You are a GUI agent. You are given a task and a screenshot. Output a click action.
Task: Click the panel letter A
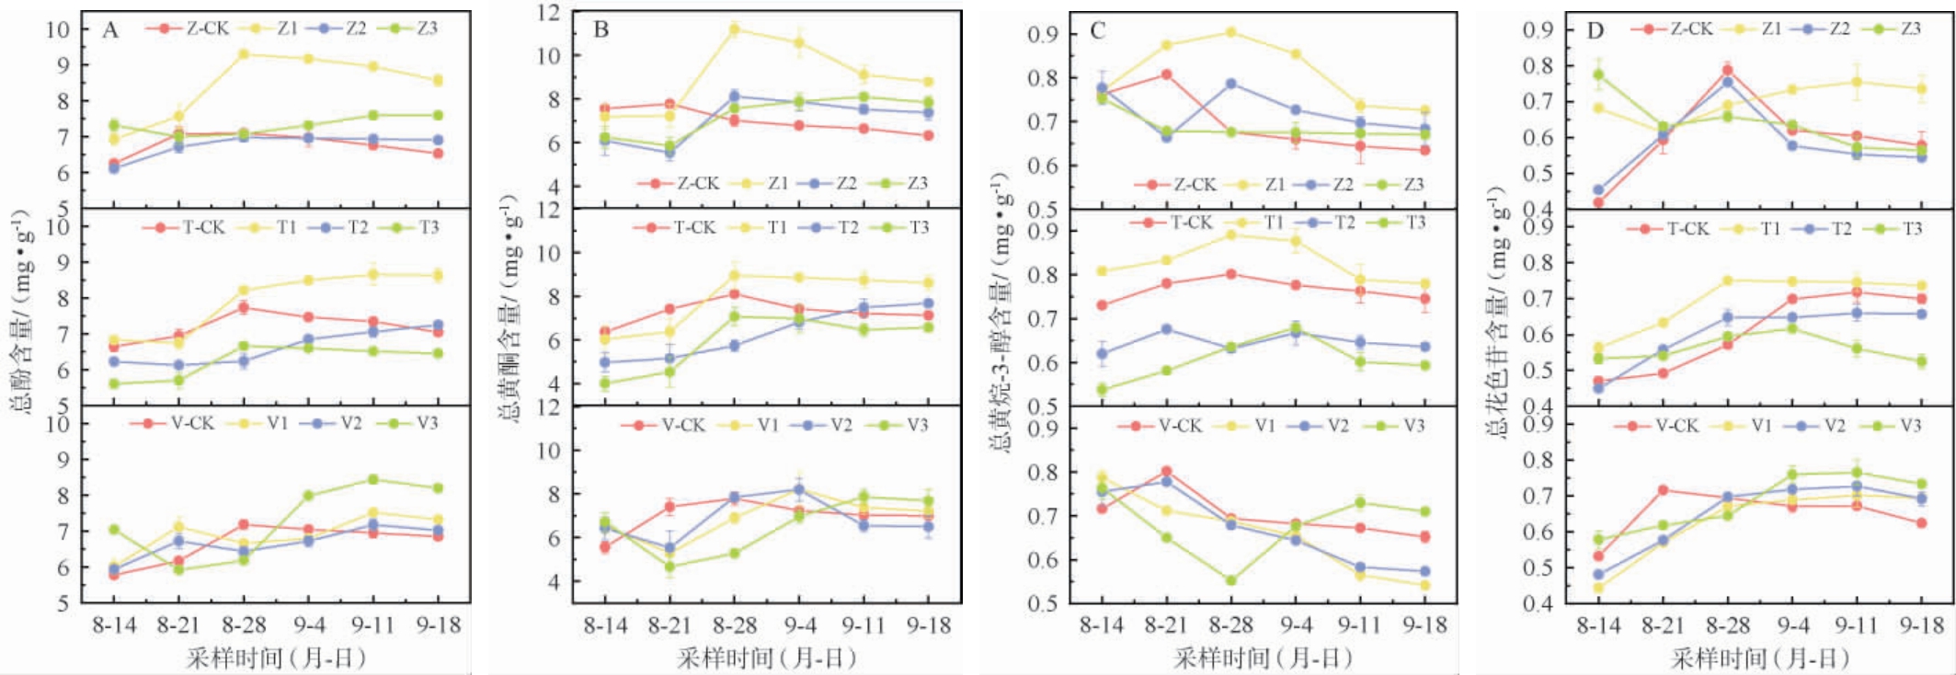pos(110,30)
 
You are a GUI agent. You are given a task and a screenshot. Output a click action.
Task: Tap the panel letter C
pos(1097,31)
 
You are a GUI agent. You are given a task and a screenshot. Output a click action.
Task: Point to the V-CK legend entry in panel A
pos(178,423)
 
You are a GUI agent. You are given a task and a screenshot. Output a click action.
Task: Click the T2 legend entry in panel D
pos(1826,228)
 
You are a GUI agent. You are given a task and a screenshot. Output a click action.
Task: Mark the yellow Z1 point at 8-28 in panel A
pos(244,54)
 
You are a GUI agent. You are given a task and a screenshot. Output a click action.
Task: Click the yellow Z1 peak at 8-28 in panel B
pos(734,29)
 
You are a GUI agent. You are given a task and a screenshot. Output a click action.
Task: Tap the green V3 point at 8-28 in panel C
pos(1230,580)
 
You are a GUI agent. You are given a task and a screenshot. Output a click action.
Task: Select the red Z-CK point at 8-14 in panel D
pos(1598,202)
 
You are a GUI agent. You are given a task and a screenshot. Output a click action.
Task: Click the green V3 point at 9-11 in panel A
pos(373,479)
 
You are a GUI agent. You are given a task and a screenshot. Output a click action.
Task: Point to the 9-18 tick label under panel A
pos(438,626)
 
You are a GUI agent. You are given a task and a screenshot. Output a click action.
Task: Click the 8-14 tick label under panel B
pos(605,626)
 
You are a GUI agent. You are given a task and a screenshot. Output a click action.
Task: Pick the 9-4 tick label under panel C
pos(1296,626)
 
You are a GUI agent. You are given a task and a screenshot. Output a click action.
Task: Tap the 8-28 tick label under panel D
pos(1728,626)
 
